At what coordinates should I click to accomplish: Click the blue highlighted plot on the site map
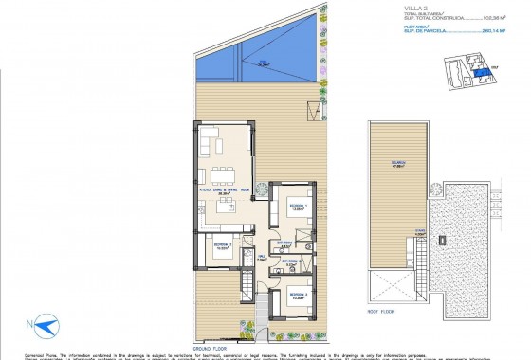click(483, 73)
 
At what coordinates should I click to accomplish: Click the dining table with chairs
click(225, 173)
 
